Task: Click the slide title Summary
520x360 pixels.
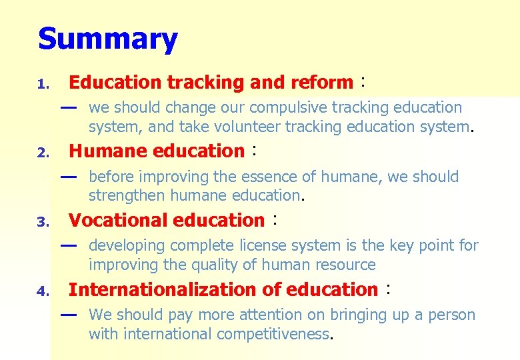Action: pos(108,39)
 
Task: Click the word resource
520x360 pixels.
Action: pos(343,265)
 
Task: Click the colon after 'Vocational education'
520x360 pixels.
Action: pos(275,220)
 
